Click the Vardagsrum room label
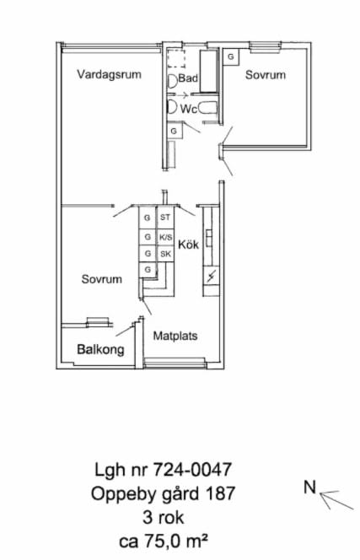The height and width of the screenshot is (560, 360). [110, 75]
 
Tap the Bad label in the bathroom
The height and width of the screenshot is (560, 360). [188, 78]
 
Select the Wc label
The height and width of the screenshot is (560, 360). [189, 109]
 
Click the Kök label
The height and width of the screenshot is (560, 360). [188, 245]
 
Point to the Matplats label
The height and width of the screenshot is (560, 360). [175, 336]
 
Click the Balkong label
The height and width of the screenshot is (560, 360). [100, 349]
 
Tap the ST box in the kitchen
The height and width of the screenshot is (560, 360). [165, 217]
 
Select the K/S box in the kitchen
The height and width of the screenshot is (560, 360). [165, 237]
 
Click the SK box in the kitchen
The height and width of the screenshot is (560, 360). [165, 254]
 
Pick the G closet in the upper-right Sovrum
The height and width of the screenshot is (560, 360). [231, 57]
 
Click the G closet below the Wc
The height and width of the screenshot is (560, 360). [174, 131]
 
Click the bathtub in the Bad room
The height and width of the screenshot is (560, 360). [209, 72]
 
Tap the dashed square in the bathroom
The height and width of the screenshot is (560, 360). [176, 59]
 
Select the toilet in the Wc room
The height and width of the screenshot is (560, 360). [172, 107]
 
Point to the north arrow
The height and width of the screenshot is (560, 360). [336, 500]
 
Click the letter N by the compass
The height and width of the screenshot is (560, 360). [310, 487]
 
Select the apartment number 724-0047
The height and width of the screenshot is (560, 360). [192, 469]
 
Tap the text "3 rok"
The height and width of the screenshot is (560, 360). [164, 517]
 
